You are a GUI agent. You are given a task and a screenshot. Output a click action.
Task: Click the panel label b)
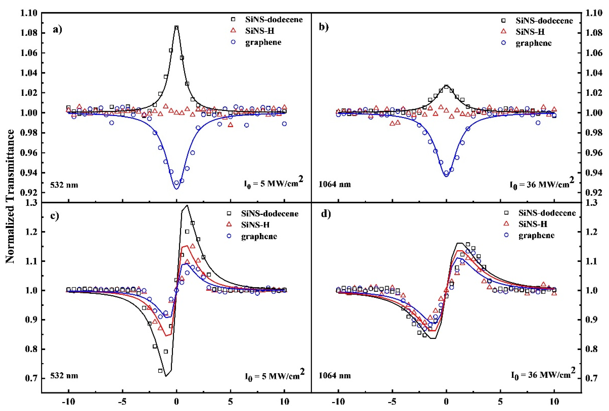click(x=324, y=27)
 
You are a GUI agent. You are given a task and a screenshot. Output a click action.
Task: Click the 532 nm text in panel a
click(x=64, y=185)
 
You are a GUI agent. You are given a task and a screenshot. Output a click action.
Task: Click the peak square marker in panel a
click(x=176, y=28)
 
